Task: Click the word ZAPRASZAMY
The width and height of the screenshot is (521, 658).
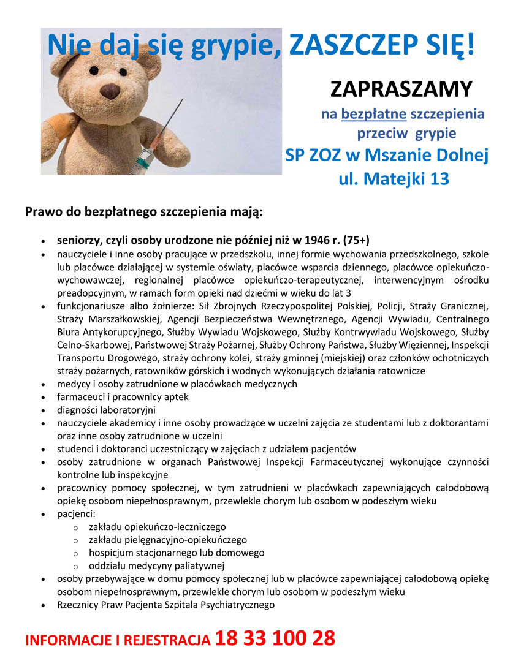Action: [401, 89]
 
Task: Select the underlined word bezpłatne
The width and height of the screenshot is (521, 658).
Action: [369, 114]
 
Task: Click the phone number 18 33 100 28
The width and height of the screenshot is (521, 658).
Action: [275, 638]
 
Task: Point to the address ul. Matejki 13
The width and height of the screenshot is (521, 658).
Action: [394, 179]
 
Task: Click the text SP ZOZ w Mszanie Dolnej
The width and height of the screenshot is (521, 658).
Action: [387, 156]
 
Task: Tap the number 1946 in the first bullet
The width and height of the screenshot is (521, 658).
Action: [312, 239]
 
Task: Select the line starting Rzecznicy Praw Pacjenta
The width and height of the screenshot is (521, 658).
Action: [165, 605]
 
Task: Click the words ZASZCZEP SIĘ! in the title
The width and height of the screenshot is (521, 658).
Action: [381, 44]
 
